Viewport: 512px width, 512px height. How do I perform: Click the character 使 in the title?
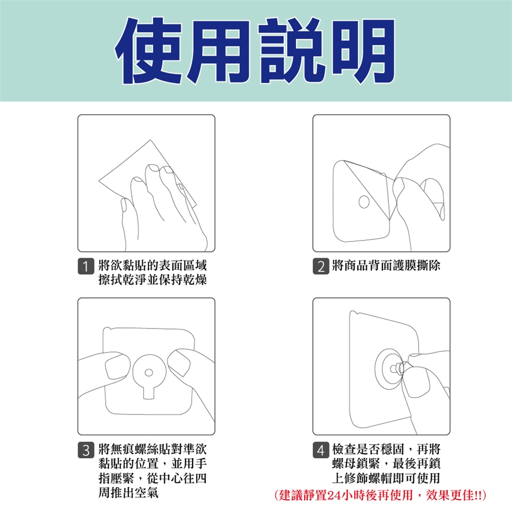click(149, 51)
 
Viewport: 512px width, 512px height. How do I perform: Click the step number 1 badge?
click(86, 266)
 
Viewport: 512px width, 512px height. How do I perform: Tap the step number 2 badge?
click(321, 266)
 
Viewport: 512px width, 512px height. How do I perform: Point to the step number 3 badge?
click(86, 450)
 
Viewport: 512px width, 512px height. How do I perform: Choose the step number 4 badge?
click(321, 450)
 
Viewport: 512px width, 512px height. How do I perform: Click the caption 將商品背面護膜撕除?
click(386, 266)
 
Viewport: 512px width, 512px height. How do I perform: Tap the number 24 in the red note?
click(334, 495)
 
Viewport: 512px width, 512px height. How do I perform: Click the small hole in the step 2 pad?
click(364, 202)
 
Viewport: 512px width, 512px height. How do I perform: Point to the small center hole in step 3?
click(149, 373)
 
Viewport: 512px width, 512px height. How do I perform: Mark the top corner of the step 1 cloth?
click(150, 140)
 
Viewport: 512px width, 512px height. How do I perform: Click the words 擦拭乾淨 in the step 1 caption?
click(123, 280)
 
